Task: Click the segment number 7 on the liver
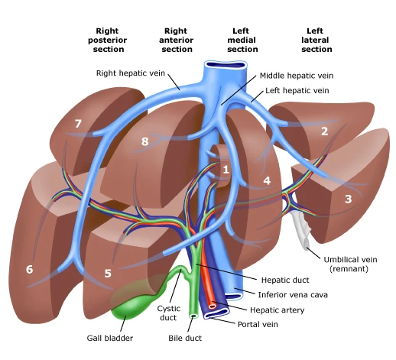click(77, 124)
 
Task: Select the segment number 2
click(324, 131)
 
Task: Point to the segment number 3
click(348, 199)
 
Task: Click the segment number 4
click(267, 181)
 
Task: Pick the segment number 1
click(226, 169)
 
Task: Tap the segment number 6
click(29, 269)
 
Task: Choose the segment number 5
click(108, 272)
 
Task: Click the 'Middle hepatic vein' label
click(296, 76)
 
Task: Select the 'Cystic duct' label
click(168, 313)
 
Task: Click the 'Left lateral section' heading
click(316, 40)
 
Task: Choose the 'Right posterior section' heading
click(109, 40)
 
